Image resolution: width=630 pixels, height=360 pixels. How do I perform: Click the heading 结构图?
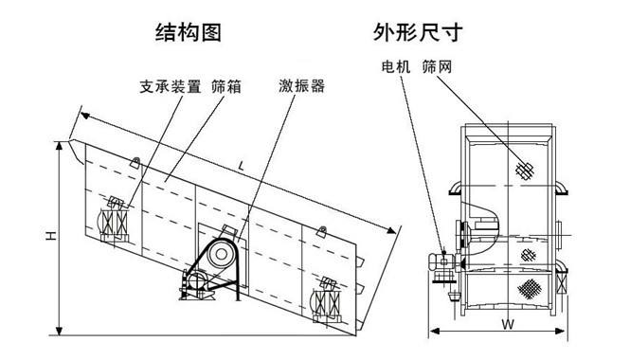click(188, 34)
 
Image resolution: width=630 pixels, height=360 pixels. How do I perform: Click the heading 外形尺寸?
click(420, 34)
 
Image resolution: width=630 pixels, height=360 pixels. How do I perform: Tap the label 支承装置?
click(170, 87)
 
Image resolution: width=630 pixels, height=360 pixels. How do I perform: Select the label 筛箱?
click(226, 87)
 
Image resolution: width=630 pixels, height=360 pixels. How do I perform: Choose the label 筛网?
click(437, 68)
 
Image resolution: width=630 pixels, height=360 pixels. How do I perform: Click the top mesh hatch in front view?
click(523, 169)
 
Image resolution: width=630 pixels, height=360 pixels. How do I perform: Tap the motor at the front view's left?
click(441, 263)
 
